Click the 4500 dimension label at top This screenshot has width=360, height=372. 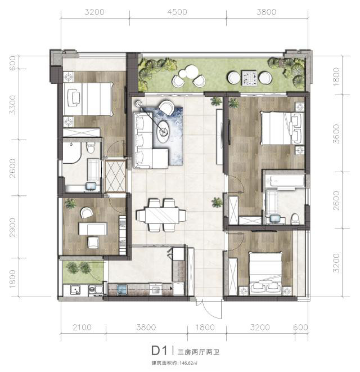coord(177,12)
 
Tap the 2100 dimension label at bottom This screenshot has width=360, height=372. coord(82,328)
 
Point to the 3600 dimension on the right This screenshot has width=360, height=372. coord(336,133)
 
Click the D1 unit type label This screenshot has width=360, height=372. coord(160,351)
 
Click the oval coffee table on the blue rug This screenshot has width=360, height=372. coord(163,132)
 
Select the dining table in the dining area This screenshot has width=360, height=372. coord(162,215)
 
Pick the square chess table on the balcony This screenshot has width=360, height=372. coord(249,78)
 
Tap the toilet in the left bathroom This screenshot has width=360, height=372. coord(91,147)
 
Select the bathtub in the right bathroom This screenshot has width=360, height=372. coord(285,181)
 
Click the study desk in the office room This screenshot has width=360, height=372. coord(93,228)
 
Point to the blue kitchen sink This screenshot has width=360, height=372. coord(122,290)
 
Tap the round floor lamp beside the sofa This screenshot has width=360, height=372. coord(139,104)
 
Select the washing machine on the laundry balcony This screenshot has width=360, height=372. coord(95,290)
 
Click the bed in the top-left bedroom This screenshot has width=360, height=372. coord(88,98)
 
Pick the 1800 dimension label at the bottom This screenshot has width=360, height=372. coord(205,328)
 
